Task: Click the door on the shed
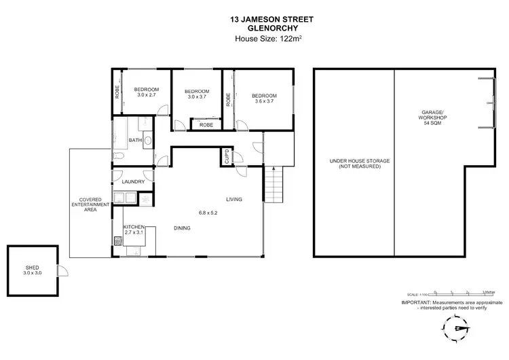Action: pos(62,272)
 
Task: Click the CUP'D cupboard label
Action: pos(225,157)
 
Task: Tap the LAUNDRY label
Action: pos(132,182)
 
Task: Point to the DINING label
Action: pos(181,228)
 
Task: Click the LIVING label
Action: pos(234,199)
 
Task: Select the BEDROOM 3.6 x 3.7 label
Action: pos(264,98)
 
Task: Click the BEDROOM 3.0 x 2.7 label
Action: pos(146,92)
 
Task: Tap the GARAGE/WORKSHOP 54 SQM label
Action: pos(431,117)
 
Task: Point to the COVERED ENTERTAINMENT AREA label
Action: pos(86,204)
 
